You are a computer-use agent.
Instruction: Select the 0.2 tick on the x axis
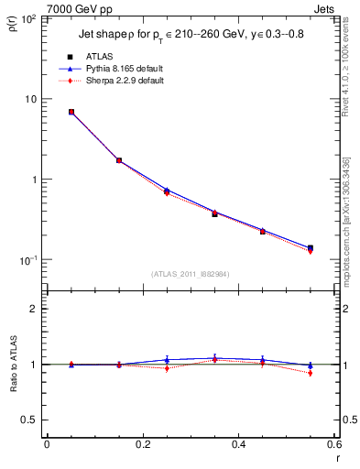point(143,444)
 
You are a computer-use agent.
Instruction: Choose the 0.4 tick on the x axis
point(239,444)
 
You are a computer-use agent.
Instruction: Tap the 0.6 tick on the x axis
point(335,444)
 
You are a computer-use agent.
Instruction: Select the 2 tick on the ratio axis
point(36,309)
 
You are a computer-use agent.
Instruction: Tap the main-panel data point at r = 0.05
point(71,112)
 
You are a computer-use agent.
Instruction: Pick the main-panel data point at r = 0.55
point(311,248)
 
